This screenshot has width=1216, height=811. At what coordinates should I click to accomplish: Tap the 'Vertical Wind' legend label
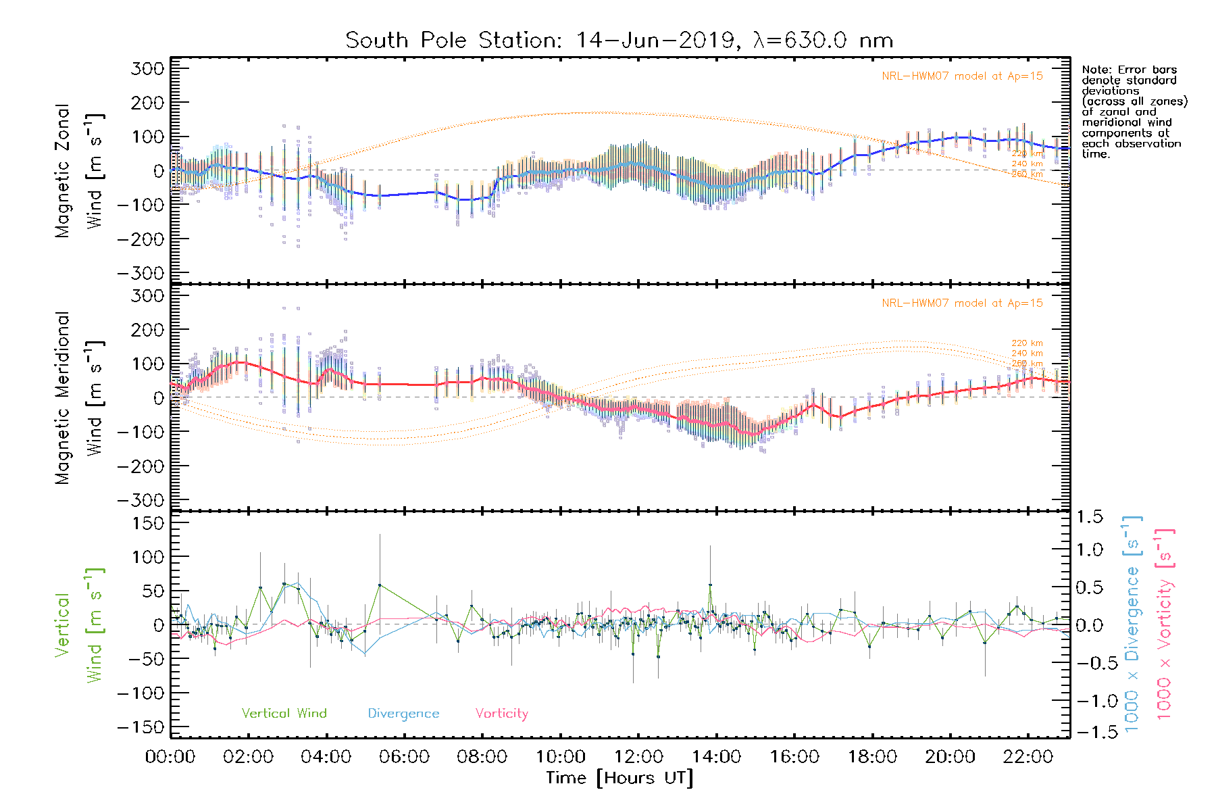(x=284, y=713)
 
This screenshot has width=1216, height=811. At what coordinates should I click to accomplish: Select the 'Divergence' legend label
(x=403, y=714)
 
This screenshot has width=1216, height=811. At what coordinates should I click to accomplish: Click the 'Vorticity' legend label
(x=501, y=713)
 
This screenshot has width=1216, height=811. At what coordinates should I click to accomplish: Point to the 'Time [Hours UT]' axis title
(x=619, y=778)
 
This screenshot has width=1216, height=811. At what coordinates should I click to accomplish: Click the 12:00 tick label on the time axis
(x=638, y=756)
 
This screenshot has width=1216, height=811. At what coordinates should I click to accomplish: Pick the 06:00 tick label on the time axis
(x=404, y=756)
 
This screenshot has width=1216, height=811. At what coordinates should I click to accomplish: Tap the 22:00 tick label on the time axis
(x=1028, y=756)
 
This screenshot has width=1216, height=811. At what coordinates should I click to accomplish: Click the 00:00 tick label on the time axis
(x=170, y=756)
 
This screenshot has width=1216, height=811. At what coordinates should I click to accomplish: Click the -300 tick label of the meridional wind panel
(x=141, y=500)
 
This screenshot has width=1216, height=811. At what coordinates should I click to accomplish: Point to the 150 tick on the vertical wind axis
(x=148, y=523)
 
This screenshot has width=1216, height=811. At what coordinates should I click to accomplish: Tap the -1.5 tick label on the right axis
(x=1090, y=732)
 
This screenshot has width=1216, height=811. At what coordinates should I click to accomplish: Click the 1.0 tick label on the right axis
(x=1090, y=550)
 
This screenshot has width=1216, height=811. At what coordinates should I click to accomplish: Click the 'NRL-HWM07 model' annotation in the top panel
(x=962, y=76)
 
